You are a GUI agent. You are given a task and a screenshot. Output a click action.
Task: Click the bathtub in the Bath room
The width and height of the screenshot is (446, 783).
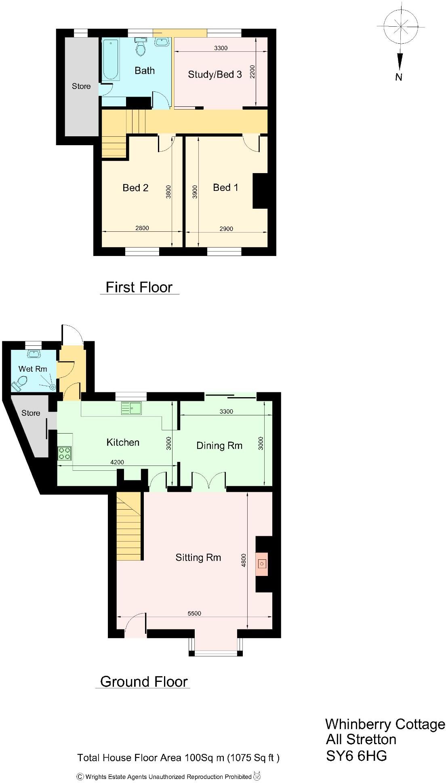coord(110,59)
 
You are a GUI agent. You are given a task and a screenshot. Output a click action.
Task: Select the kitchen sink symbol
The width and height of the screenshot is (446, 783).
coord(131,408)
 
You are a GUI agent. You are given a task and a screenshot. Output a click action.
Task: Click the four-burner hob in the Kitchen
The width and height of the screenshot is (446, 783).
coord(65,453)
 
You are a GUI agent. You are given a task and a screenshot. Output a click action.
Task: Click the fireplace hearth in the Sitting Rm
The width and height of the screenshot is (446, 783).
coord(262,563)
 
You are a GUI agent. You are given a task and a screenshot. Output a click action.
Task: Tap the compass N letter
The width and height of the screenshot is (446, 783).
coord(399,77)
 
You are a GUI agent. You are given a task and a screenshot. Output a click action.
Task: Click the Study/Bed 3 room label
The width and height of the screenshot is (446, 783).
coord(215,74)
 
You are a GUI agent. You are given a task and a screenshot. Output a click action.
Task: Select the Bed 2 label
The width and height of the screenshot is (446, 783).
coord(135,188)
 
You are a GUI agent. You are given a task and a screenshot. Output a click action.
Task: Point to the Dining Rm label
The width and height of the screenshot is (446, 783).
coord(219,446)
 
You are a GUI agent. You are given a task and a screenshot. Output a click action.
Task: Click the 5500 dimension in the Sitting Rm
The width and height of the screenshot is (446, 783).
coord(194,613)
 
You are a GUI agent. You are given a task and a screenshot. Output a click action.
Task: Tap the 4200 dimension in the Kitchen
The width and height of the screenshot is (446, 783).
coord(117,462)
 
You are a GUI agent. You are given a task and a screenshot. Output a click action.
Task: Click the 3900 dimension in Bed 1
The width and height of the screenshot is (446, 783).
coord(195,192)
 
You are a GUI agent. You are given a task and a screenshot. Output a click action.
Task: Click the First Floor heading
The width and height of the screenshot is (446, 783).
coord(139,287)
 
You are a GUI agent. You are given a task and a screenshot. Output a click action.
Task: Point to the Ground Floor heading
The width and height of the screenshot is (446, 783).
coord(144,681)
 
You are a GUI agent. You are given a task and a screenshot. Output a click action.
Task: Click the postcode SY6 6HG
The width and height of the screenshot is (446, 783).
coord(356,755)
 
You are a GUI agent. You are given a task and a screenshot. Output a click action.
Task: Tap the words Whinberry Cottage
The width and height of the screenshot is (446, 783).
coord(385,724)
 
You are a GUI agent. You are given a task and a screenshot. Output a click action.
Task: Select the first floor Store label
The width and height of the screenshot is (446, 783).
coord(81,86)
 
